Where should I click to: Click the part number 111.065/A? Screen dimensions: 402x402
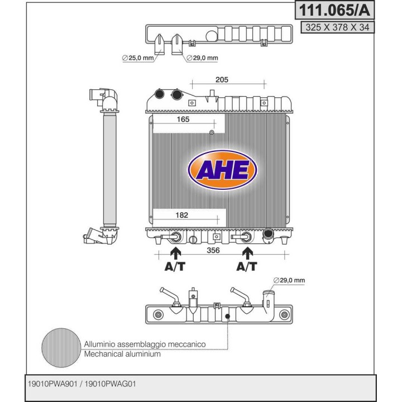coord(336,11)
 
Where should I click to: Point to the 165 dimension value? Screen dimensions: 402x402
coord(182,119)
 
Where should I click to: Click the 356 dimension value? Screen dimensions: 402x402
coord(212,250)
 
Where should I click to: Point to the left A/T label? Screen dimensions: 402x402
coord(175,267)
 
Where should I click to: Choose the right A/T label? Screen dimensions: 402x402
coord(246,267)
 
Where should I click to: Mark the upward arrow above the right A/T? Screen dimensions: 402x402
coord(246,254)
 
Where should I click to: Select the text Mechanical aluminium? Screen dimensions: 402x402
coord(122,354)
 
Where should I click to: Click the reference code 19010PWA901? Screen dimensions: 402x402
coord(52,385)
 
